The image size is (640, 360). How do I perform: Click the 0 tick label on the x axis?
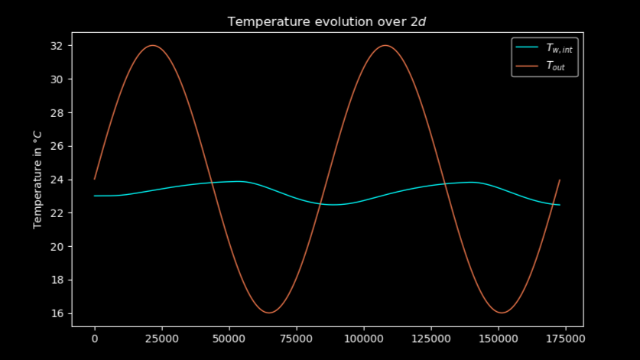pos(95,337)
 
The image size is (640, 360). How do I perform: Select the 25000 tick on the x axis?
pos(162,337)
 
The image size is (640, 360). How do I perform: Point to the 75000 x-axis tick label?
pos(297,337)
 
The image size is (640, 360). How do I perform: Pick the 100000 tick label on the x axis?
pos(364,337)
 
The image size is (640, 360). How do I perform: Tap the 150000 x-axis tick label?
pos(499,337)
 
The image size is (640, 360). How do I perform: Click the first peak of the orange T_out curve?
pos(153,46)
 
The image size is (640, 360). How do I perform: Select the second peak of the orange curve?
pos(385,46)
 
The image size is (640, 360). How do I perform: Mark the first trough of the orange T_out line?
pos(269,312)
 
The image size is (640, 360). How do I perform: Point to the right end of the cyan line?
pos(560,205)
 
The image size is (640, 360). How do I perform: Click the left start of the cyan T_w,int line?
pos(95,196)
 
